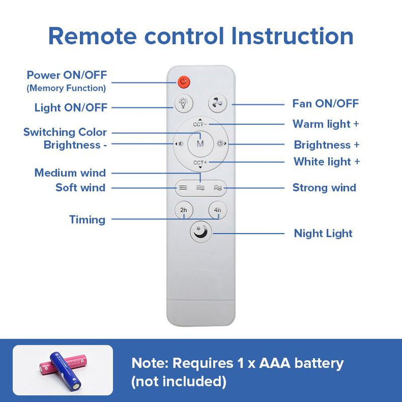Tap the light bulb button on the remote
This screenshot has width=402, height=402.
point(183,104)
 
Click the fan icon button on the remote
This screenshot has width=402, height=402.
point(218,104)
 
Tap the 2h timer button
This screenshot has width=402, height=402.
point(183,210)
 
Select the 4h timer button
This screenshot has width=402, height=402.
point(218,210)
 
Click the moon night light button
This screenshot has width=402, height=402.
point(200,233)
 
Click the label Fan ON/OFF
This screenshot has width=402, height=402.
point(325,104)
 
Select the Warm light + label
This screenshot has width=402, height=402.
point(326,124)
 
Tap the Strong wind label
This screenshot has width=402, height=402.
point(324,188)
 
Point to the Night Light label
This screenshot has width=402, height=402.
point(323,233)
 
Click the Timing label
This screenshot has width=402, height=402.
point(87,220)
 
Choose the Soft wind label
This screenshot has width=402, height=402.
point(80,187)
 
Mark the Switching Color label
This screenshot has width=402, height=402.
point(65,132)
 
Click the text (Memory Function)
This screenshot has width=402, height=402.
point(66,88)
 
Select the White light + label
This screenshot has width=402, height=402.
point(327,161)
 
